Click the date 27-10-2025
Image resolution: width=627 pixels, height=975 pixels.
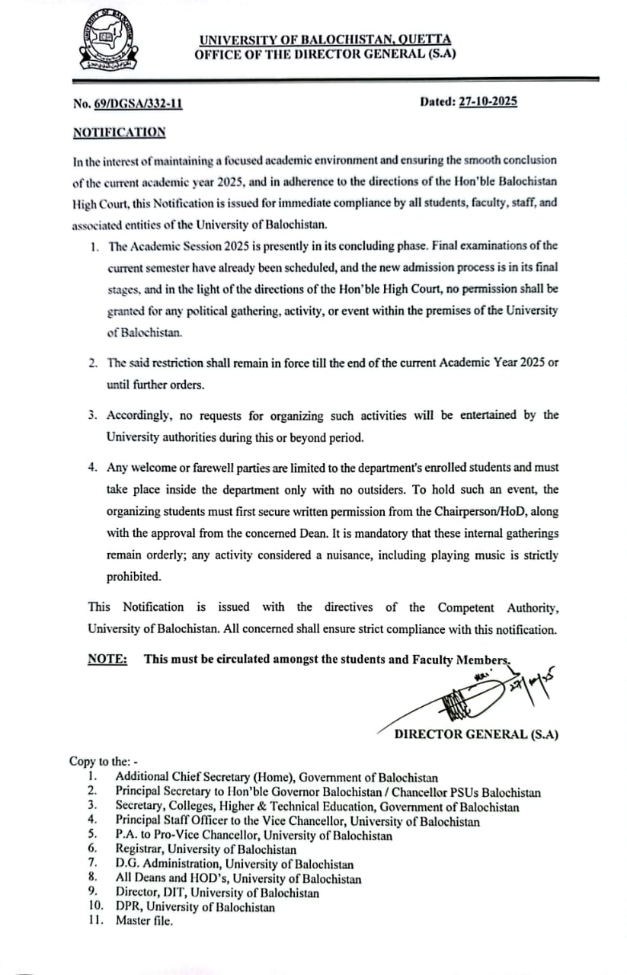[x=488, y=101]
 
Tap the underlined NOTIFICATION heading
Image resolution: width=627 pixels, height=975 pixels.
[x=119, y=132]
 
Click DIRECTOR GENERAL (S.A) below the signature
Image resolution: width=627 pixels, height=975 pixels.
[x=476, y=734]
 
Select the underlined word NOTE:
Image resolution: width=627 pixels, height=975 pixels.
[x=107, y=660]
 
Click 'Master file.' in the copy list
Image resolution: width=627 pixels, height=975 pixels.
[x=144, y=920]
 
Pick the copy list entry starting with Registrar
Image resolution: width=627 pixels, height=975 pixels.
[x=206, y=849]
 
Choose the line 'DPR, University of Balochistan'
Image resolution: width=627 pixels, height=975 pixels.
[x=195, y=906]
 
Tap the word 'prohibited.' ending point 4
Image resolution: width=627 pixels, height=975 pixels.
[x=134, y=577]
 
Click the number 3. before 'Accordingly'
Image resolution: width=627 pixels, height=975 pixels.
[x=92, y=416]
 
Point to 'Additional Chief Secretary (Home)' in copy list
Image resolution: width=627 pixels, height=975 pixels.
[x=204, y=777]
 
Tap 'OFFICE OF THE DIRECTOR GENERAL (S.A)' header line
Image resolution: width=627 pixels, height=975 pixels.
[x=325, y=54]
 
